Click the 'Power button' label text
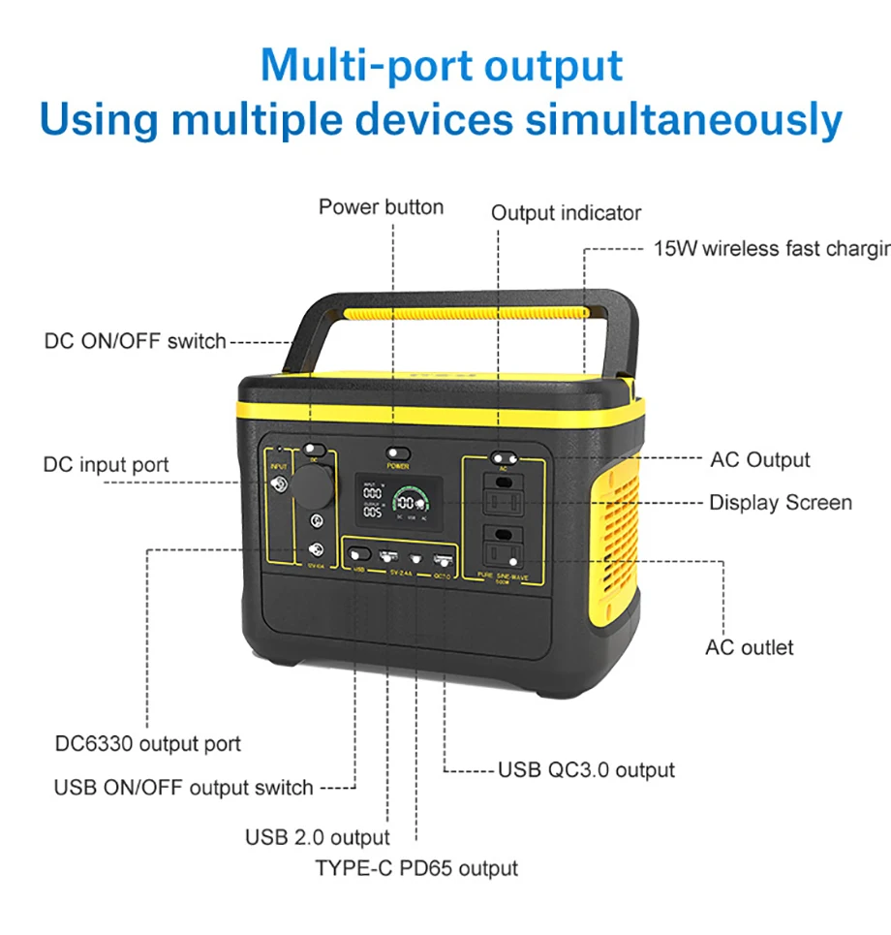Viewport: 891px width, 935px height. (381, 207)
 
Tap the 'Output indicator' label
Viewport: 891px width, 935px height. (566, 213)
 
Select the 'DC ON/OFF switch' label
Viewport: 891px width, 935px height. (135, 341)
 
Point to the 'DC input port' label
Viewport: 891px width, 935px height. (106, 464)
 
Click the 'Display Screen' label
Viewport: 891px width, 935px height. (781, 503)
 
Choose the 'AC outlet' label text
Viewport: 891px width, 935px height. (749, 647)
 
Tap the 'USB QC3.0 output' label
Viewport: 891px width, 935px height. (586, 770)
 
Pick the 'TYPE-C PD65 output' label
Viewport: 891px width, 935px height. (416, 868)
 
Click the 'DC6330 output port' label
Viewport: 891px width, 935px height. (148, 744)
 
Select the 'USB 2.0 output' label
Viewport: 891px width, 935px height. (317, 837)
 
